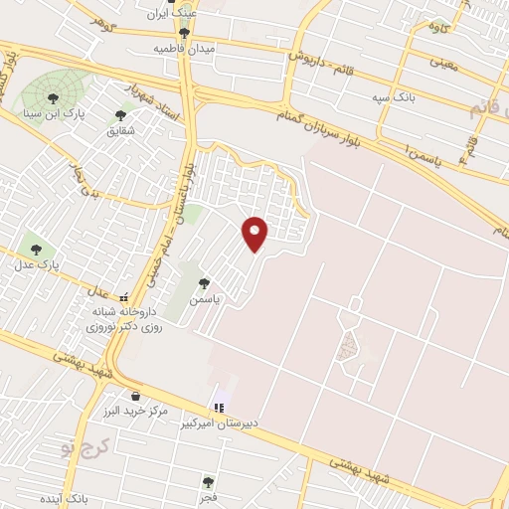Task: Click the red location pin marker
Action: point(256,233)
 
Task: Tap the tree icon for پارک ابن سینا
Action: point(53,97)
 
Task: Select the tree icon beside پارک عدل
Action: point(37,250)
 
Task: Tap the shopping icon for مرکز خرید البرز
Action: point(134,396)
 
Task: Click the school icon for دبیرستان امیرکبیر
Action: point(218,407)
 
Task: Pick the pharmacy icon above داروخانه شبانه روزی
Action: point(123,297)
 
